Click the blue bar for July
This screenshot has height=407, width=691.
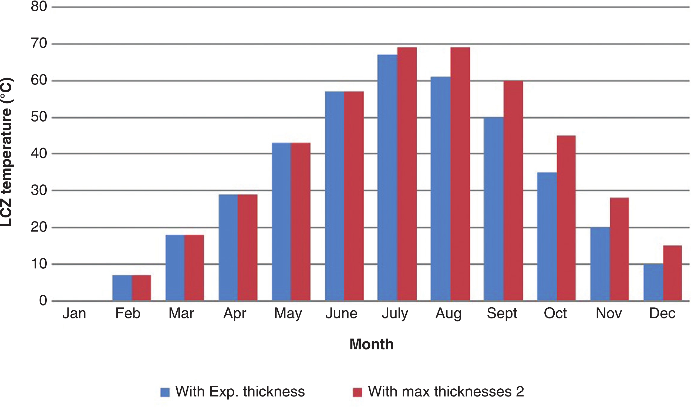click(x=387, y=178)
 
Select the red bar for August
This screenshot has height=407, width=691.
click(x=460, y=174)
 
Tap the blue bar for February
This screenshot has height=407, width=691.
click(x=122, y=288)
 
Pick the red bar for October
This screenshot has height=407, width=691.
click(x=566, y=218)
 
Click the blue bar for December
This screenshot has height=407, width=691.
click(x=653, y=282)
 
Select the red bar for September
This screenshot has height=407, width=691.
click(x=513, y=191)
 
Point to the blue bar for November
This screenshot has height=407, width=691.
click(x=600, y=264)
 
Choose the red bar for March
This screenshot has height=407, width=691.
click(x=194, y=268)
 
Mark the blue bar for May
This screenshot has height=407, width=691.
click(x=281, y=222)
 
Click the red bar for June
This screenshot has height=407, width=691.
click(x=354, y=196)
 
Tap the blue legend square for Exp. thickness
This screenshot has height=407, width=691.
click(x=165, y=392)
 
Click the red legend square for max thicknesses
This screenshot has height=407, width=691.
click(x=357, y=392)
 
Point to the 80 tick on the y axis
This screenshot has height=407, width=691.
click(x=39, y=6)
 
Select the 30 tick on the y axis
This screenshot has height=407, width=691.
click(x=39, y=190)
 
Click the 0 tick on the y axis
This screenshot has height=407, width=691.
click(x=43, y=301)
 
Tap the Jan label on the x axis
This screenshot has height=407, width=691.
click(x=74, y=313)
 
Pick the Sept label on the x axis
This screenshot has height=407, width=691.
click(x=502, y=313)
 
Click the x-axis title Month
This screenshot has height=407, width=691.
click(x=372, y=344)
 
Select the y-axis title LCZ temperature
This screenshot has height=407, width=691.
click(x=6, y=153)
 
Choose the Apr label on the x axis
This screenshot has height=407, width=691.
click(x=235, y=313)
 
